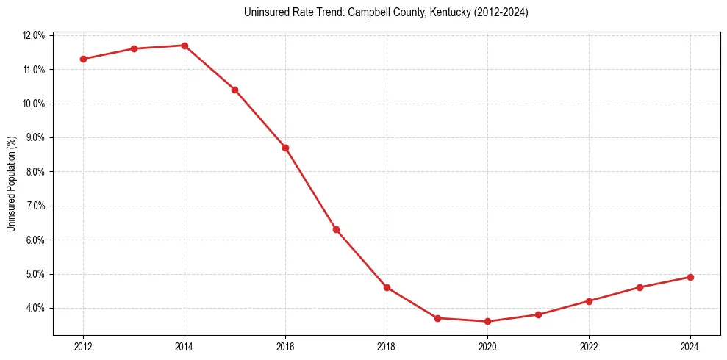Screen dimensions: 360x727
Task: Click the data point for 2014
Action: pyautogui.click(x=185, y=46)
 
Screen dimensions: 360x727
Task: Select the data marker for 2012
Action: pyautogui.click(x=83, y=59)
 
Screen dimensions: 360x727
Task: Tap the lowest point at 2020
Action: pyautogui.click(x=487, y=321)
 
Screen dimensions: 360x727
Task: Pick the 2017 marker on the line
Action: pyautogui.click(x=336, y=229)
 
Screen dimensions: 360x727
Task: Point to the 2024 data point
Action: pyautogui.click(x=690, y=277)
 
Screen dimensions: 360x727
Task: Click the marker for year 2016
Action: pyautogui.click(x=285, y=148)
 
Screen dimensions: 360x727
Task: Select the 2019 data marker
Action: pyautogui.click(x=437, y=318)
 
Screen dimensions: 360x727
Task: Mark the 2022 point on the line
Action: pyautogui.click(x=589, y=301)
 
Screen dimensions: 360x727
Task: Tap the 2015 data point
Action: pyautogui.click(x=234, y=90)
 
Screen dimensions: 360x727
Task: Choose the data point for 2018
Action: pyautogui.click(x=387, y=287)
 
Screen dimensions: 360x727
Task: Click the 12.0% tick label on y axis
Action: pyautogui.click(x=34, y=35)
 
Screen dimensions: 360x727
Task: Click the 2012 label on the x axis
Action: pyautogui.click(x=83, y=347)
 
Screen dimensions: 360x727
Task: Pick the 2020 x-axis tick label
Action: pyautogui.click(x=487, y=347)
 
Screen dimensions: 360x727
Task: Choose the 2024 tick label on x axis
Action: pyautogui.click(x=690, y=347)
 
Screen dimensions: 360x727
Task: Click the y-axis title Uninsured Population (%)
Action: pyautogui.click(x=11, y=184)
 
